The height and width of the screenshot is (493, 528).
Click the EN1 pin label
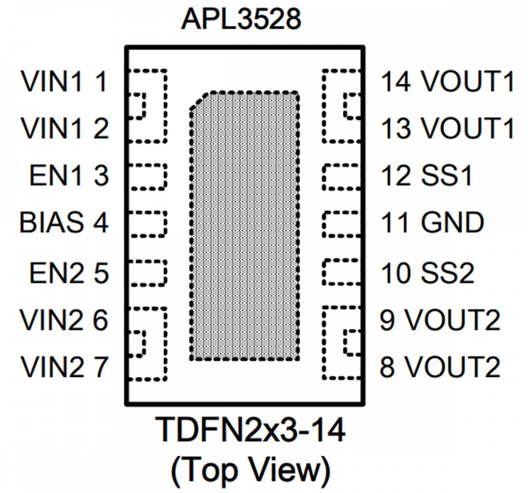(53, 176)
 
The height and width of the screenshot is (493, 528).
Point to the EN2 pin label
(53, 273)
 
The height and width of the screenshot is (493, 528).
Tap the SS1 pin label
(447, 176)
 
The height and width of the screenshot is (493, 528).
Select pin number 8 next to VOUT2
(388, 368)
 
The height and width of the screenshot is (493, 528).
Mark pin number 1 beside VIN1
(101, 82)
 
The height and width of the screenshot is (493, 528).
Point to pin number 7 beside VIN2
(101, 368)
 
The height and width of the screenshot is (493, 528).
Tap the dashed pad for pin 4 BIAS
(147, 224)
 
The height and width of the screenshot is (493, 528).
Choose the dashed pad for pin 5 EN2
(147, 272)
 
